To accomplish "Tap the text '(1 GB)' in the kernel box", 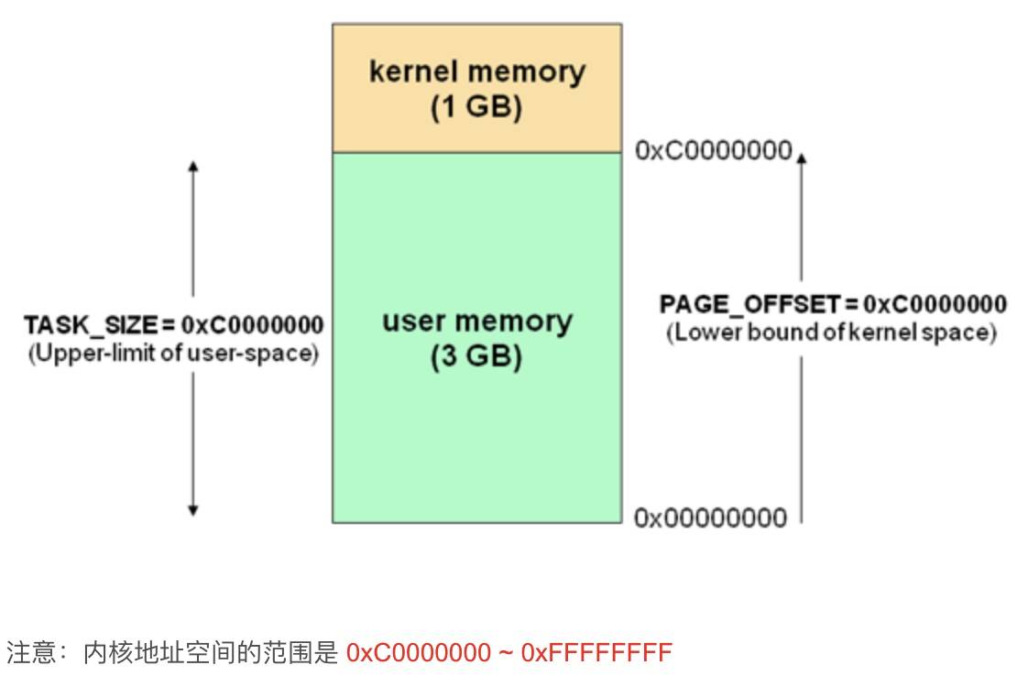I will point(476,108).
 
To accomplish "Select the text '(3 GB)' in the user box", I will point(476,357).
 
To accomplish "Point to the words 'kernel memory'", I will point(476,71).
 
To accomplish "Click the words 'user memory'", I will point(476,322).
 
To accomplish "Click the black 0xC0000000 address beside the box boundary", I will point(713,151).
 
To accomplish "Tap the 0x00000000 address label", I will point(710,518).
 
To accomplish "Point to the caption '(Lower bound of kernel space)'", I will point(831,332).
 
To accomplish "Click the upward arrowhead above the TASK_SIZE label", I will point(192,166).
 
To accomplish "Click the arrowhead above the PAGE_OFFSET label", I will point(802,158).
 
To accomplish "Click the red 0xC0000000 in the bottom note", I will point(419,653).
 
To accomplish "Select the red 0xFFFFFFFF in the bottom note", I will point(596,653).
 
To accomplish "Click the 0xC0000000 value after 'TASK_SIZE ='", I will point(252,325).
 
